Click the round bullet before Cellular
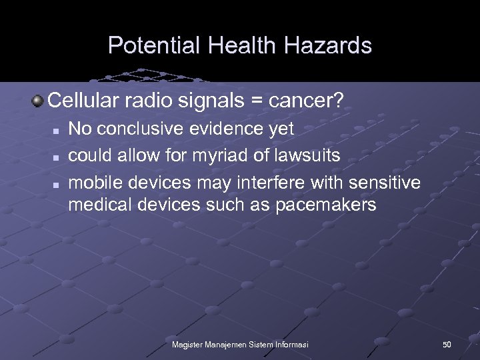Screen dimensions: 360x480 pyautogui.click(x=38, y=101)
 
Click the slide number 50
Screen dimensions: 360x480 pyautogui.click(x=447, y=345)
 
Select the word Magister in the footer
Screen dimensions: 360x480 pyautogui.click(x=188, y=345)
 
